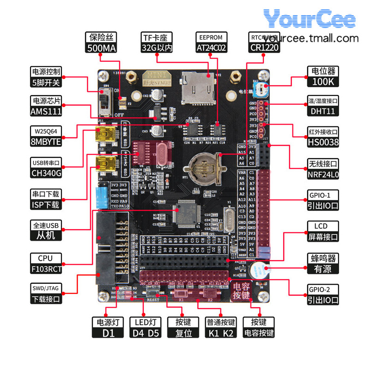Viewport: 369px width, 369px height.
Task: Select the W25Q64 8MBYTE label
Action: (46, 137)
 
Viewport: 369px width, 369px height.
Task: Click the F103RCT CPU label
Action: (46, 263)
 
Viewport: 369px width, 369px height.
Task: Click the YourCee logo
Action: (309, 20)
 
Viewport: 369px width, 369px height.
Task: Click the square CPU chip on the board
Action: (187, 214)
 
